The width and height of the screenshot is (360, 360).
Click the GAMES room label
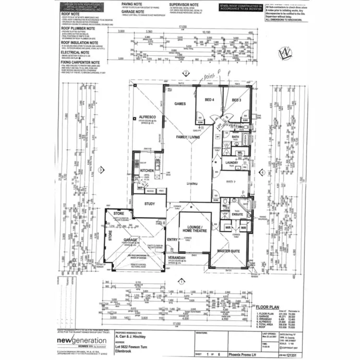tap(180, 104)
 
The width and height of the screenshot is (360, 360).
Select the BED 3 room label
tap(236, 100)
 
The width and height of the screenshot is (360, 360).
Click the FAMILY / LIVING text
tap(187, 137)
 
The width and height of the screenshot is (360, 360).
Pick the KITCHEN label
tap(146, 170)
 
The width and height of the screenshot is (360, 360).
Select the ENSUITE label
tap(237, 214)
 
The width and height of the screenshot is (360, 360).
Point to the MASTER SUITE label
tap(229, 250)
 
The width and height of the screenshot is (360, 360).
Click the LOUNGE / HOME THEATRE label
tap(194, 228)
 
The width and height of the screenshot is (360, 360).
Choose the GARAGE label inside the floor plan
tap(130, 239)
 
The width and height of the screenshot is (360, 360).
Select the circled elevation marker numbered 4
tap(263, 172)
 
